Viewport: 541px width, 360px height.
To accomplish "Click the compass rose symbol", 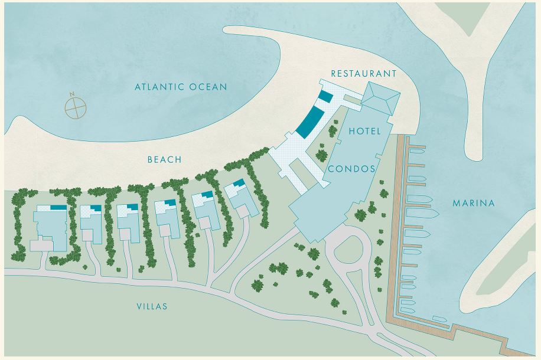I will coord(75,107).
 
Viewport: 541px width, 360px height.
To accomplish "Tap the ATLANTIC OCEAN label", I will coord(180,87).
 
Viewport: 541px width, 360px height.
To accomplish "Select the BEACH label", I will coord(164,160).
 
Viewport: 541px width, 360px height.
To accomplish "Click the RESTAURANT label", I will coord(363,74).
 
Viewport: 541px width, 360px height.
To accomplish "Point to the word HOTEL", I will coord(364,130).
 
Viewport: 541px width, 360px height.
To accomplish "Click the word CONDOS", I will coord(351,169).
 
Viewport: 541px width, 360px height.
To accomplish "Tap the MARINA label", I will coord(473,203).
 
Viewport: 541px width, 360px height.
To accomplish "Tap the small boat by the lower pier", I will coord(439,319).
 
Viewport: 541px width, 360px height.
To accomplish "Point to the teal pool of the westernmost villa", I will coord(58,208).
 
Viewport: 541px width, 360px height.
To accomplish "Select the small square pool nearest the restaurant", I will coord(325,97).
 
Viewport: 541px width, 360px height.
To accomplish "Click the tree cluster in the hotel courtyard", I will coord(322,155).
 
